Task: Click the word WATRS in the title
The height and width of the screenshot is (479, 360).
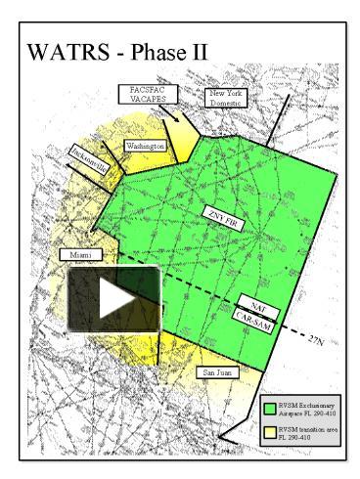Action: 68,51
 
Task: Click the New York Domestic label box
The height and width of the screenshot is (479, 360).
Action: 227,96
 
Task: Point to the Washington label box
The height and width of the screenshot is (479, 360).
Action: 146,146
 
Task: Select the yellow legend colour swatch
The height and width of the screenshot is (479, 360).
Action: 272,433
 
